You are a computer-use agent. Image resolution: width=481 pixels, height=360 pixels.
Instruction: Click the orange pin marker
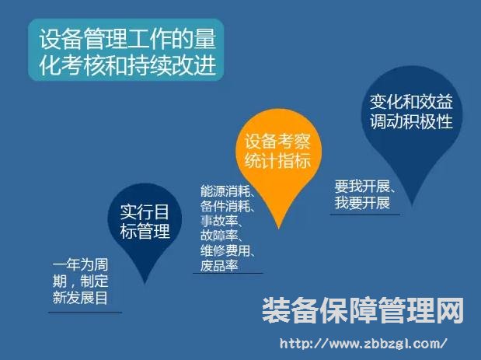coord(278,159)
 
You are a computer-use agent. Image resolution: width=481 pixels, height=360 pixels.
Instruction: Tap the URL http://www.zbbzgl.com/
coord(364,343)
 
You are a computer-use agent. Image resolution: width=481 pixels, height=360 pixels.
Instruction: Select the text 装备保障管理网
coord(363,310)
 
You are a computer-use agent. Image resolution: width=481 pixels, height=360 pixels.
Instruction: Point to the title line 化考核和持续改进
coord(127,65)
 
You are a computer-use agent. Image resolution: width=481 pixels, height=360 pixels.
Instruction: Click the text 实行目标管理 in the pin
coord(145,221)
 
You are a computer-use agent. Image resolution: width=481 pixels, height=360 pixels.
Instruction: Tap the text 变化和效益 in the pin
coord(411,102)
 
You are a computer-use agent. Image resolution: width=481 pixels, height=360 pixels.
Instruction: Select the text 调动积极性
coord(411,121)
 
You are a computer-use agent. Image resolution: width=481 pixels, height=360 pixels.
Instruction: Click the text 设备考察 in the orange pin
coord(277,142)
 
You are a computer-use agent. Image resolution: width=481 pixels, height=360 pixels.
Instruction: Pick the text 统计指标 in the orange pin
coord(277,160)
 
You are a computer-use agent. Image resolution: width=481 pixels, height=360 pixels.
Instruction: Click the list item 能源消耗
coord(225,191)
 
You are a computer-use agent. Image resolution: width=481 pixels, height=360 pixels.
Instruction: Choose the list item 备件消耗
coord(225,206)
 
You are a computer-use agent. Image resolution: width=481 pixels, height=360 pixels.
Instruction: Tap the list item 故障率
coord(219,236)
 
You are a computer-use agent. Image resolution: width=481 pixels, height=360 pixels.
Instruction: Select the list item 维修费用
coord(225,250)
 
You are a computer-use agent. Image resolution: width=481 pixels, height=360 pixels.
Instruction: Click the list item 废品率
coord(219,265)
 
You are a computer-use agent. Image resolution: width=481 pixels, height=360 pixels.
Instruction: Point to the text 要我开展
coord(362,186)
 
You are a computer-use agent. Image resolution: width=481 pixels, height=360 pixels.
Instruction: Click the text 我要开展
coord(362,203)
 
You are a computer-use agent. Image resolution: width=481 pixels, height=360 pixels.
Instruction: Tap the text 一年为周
coord(80,265)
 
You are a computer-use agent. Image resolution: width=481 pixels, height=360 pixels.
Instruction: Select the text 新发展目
coord(80,298)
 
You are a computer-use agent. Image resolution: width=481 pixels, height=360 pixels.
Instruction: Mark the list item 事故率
coord(219,221)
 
